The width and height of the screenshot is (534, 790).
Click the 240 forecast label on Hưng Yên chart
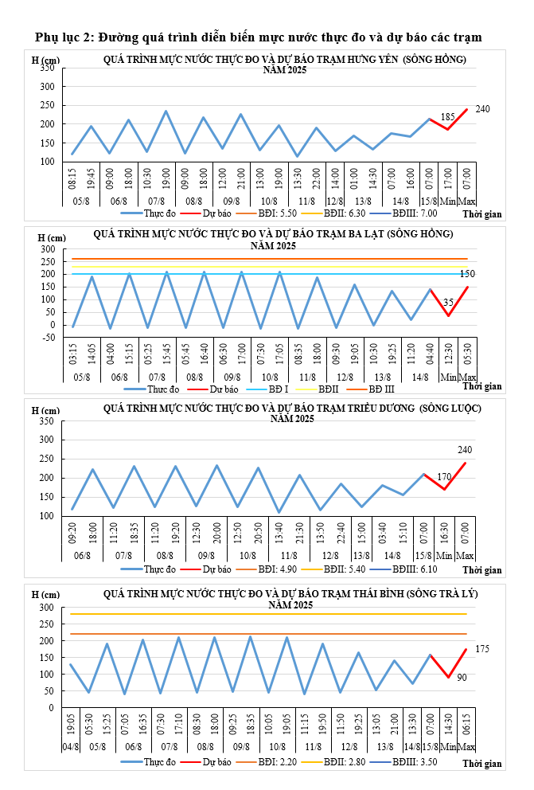click(x=482, y=108)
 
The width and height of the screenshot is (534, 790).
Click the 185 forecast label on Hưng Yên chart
click(x=448, y=117)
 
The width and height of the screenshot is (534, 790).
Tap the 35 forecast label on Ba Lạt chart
click(x=448, y=303)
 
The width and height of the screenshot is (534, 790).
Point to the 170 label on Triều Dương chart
click(x=444, y=477)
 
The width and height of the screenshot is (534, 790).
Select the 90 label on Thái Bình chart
click(x=462, y=677)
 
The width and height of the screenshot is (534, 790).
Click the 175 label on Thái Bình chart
click(x=482, y=649)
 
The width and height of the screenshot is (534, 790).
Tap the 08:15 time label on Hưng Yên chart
click(x=72, y=176)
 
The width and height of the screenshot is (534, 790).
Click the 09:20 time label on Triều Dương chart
click(x=72, y=531)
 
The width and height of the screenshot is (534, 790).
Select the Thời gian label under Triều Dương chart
click(x=482, y=570)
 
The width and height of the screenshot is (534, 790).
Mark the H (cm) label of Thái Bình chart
click(x=45, y=595)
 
